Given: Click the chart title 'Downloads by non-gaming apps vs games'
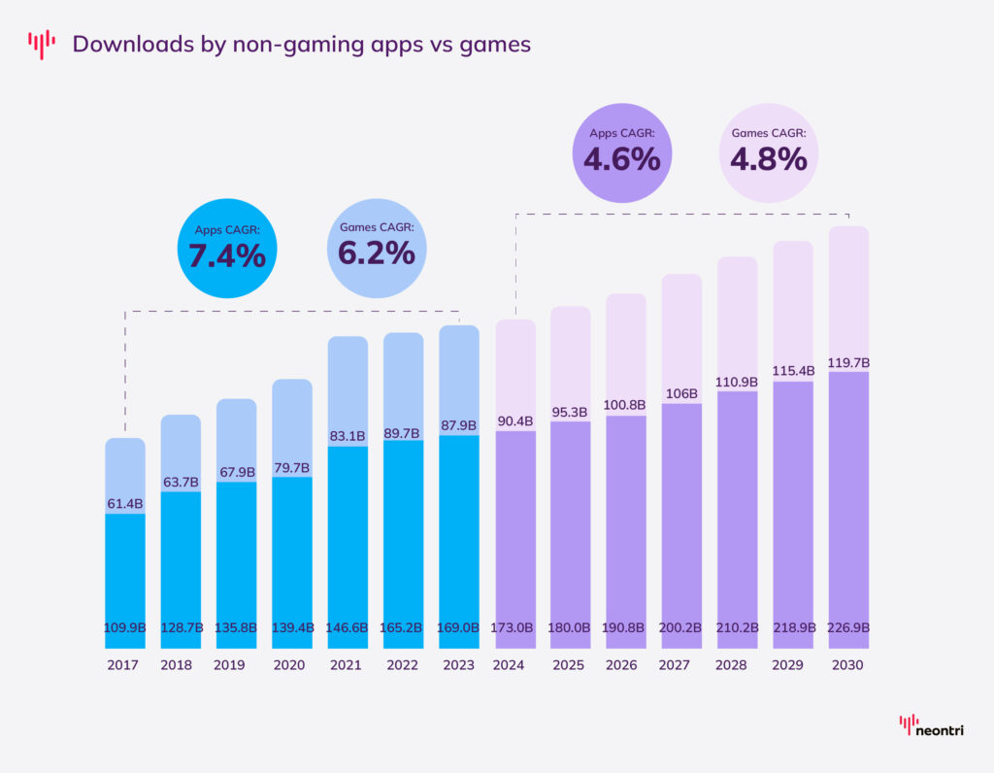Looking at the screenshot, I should click(301, 45).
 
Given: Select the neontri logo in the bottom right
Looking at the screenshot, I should click(931, 726).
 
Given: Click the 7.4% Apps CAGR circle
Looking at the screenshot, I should click(227, 243).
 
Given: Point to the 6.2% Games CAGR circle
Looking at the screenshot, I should click(377, 243).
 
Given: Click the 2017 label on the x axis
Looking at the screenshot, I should click(124, 665).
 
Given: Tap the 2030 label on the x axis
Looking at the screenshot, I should click(847, 665).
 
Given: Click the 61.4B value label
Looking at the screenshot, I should click(124, 503).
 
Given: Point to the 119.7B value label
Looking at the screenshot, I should click(847, 362).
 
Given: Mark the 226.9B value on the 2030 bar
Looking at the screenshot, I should click(847, 628).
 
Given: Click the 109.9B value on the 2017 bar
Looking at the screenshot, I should click(124, 628).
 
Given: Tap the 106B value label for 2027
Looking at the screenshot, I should click(681, 393).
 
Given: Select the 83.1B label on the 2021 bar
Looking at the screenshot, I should click(348, 436).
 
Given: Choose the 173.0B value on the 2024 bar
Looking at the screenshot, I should click(514, 628).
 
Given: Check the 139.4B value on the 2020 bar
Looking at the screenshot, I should click(292, 628).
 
